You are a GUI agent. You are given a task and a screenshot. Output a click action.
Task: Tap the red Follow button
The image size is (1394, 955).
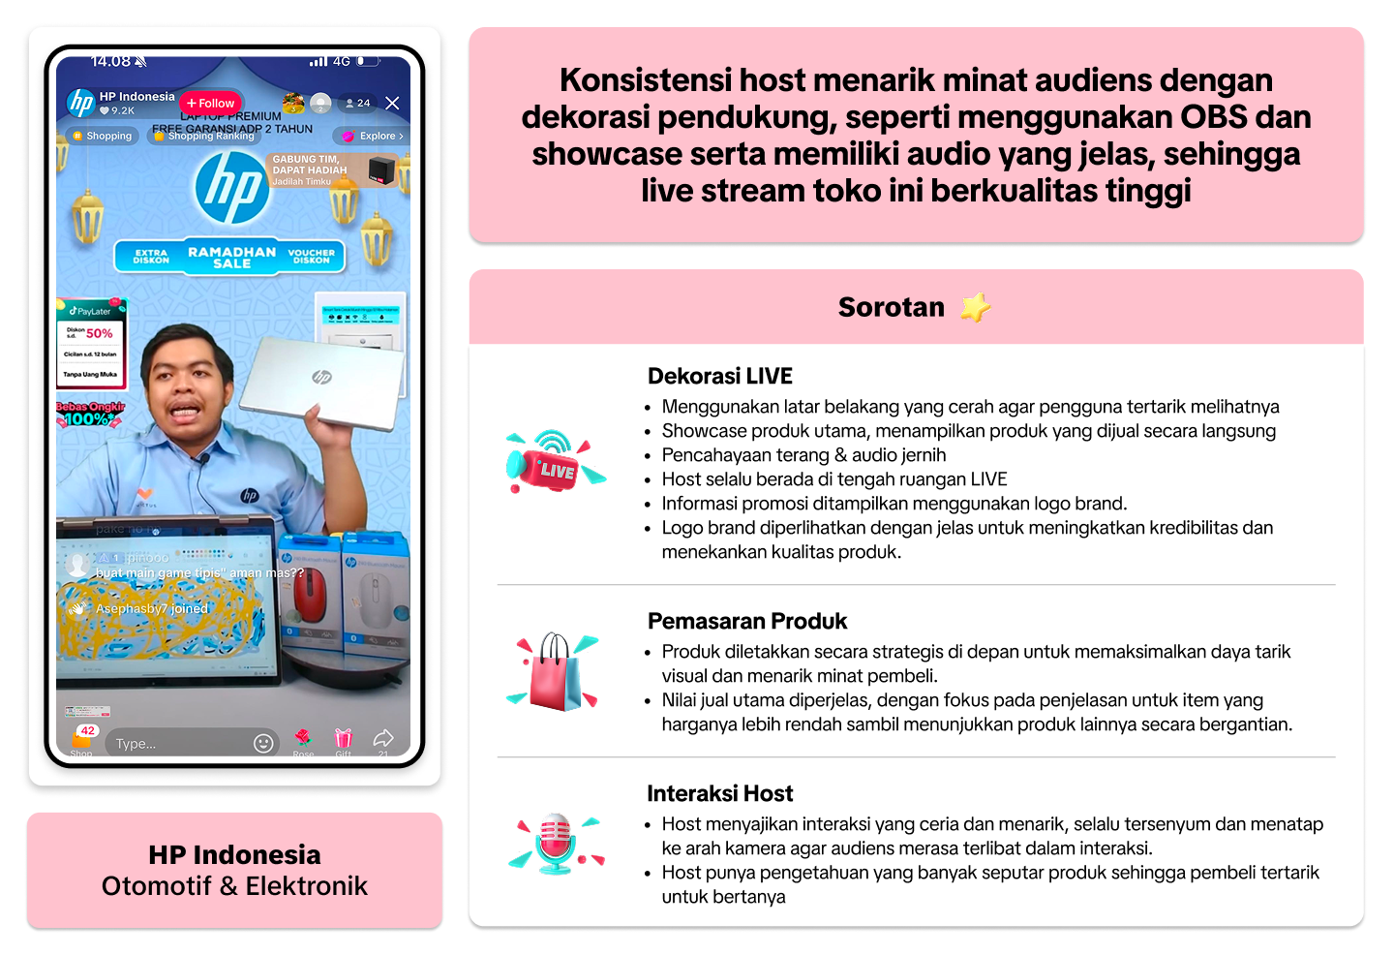(211, 103)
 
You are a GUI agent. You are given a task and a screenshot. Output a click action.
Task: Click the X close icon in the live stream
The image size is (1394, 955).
(392, 103)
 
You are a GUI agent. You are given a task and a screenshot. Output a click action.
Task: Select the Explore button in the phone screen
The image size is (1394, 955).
(373, 136)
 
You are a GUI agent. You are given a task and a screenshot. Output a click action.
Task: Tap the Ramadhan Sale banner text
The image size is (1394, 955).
(231, 257)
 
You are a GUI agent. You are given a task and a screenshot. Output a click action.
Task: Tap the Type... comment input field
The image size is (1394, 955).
(179, 743)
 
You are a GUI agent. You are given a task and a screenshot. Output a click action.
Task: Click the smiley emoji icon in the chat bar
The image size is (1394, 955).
(263, 743)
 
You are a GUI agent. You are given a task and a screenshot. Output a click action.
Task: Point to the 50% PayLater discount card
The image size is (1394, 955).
(91, 343)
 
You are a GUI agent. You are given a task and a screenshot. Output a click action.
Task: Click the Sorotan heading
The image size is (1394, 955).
(891, 307)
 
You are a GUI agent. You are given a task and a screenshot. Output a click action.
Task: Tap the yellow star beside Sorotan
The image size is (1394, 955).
(975, 307)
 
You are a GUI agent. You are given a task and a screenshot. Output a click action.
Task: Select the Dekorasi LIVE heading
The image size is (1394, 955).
(719, 376)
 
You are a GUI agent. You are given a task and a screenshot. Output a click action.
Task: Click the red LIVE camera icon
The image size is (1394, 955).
(553, 462)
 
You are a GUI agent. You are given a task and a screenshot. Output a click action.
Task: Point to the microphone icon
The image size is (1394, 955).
(555, 843)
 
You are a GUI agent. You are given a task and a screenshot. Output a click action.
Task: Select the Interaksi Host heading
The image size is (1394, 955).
(719, 793)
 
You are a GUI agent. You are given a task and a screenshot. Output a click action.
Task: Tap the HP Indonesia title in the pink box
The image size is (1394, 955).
(234, 854)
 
